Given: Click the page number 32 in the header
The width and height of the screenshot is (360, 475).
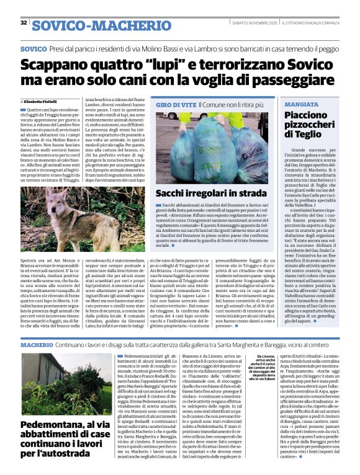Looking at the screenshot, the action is tap(24, 23).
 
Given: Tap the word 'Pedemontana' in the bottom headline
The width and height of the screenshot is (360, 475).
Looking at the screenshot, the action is tap(53, 406).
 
